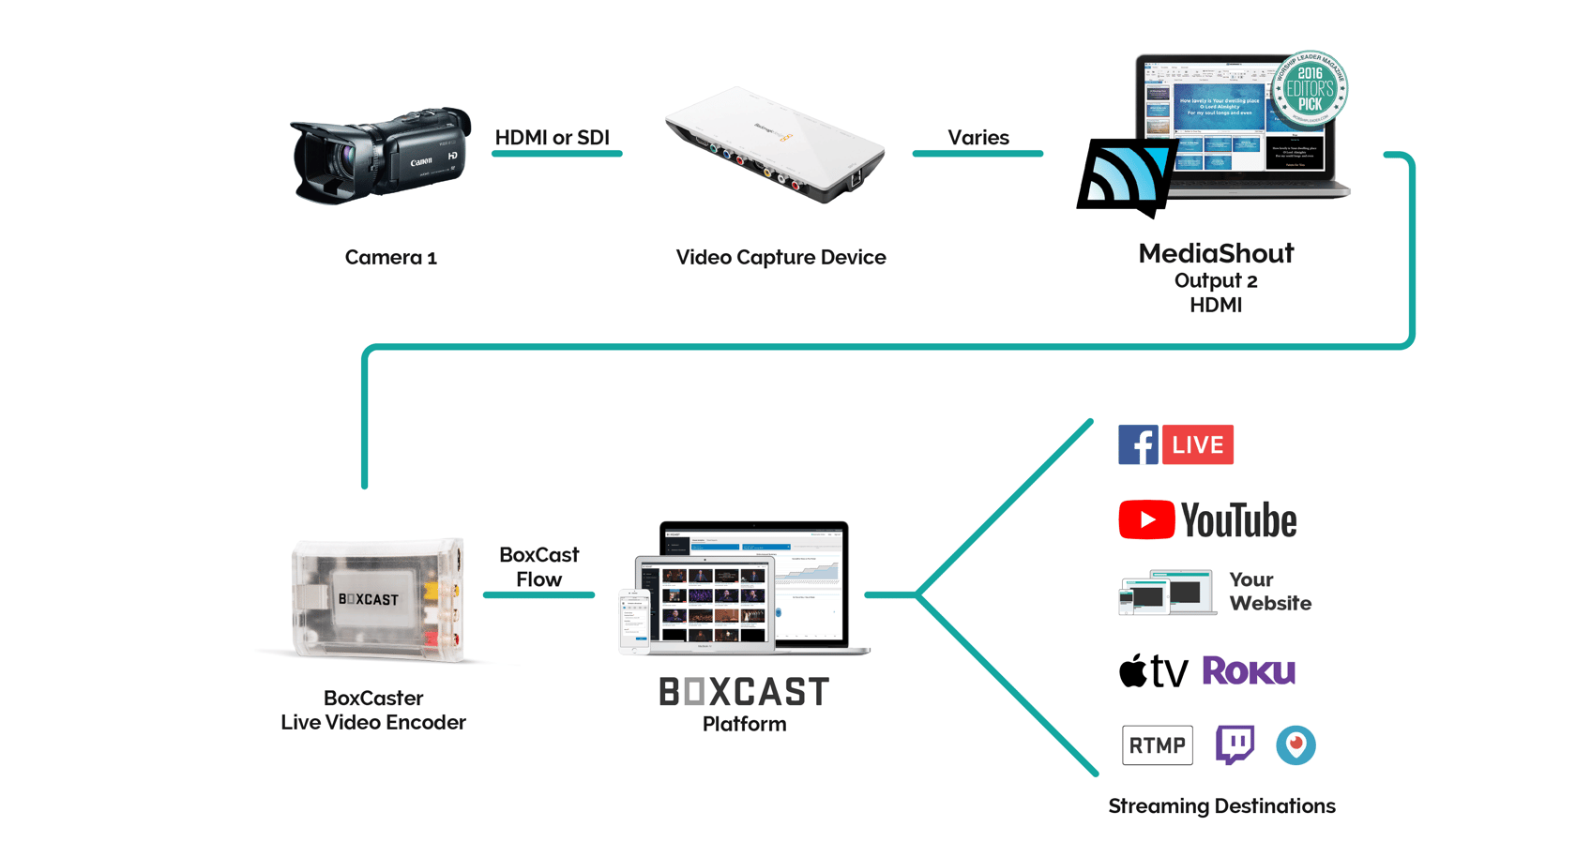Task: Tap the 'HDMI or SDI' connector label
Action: (552, 138)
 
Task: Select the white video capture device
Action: (774, 146)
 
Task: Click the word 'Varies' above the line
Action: (977, 138)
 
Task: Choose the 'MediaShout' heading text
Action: (1216, 253)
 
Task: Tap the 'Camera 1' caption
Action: (390, 257)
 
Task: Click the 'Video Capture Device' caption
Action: (780, 257)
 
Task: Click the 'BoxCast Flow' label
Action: (538, 567)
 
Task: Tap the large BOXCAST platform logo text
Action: (744, 692)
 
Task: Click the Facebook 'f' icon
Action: (1137, 444)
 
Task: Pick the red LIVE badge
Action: (1198, 444)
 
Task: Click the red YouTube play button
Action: (1146, 519)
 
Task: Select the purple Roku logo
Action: (1249, 670)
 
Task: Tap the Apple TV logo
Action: (1153, 671)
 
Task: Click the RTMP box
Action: (1157, 745)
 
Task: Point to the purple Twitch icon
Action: (1235, 744)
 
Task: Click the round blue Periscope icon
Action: (1296, 745)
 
